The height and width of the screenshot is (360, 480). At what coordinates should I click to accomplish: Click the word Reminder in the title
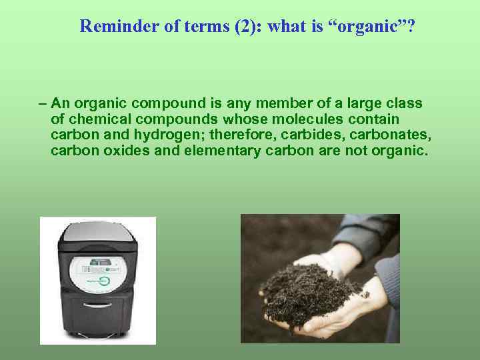coord(110,26)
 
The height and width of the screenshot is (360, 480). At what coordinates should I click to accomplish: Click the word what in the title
coord(247,26)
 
